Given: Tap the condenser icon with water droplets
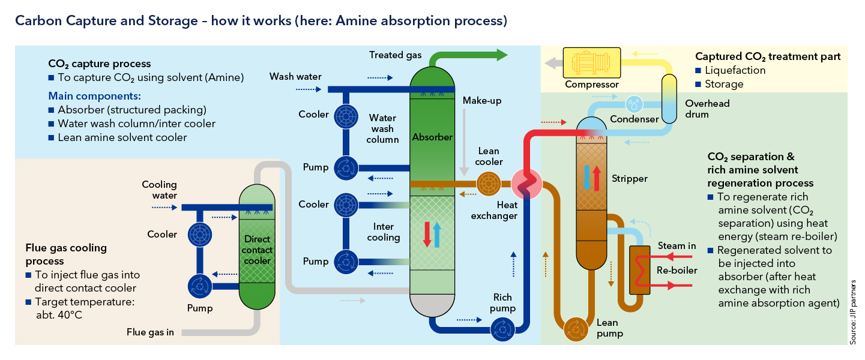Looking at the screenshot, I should coord(633,104).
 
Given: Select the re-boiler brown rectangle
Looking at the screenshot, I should coord(639,270).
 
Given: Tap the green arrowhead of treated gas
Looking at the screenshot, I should coord(500,55).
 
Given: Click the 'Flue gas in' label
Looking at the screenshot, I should coord(150,332).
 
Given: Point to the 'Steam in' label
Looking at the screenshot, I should coord(677,246).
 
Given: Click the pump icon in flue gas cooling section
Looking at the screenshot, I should coord(196,286).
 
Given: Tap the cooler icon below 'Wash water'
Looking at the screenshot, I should coord(345,115).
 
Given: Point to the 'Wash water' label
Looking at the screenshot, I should coord(295,77).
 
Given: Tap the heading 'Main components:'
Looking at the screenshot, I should coord(94,96).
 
